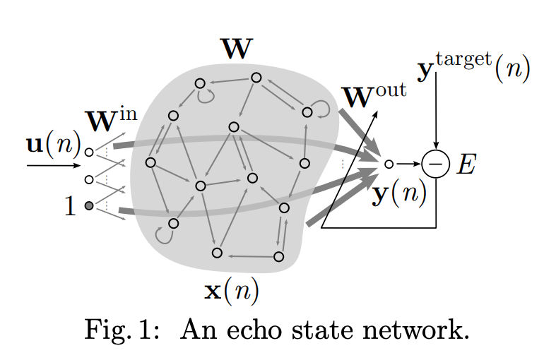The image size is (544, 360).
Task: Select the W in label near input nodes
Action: (110, 121)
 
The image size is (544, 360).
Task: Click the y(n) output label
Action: (400, 193)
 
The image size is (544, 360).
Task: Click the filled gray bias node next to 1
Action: (88, 205)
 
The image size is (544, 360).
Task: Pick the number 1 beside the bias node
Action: (69, 207)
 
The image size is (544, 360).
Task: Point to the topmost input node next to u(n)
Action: (88, 151)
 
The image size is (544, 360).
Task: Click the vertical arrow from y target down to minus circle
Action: (436, 113)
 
